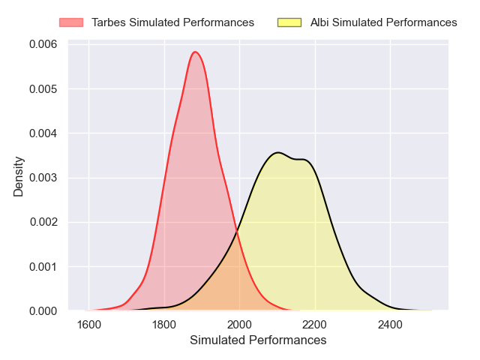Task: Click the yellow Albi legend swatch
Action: pyautogui.click(x=289, y=22)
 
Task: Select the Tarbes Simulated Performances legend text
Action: pyautogui.click(x=173, y=22)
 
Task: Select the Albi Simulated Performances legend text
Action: pyautogui.click(x=384, y=22)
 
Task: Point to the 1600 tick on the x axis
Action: pyautogui.click(x=88, y=324)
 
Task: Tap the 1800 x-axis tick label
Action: pyautogui.click(x=164, y=324)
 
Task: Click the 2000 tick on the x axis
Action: pyautogui.click(x=239, y=324)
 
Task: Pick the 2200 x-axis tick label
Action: pyautogui.click(x=315, y=324)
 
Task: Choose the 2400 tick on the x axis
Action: pyautogui.click(x=390, y=324)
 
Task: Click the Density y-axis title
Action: pyautogui.click(x=19, y=177)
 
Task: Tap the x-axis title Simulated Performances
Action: pyautogui.click(x=258, y=340)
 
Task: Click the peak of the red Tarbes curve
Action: pyautogui.click(x=195, y=52)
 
